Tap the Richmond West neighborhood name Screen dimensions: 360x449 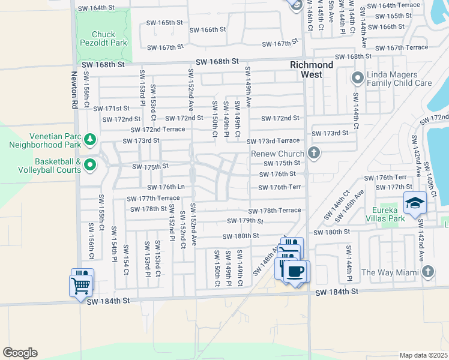312,70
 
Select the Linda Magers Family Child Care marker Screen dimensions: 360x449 358,77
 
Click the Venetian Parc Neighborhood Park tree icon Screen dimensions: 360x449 90,140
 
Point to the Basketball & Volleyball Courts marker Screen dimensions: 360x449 90,164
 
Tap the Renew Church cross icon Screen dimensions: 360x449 313,154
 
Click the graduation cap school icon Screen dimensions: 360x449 415,205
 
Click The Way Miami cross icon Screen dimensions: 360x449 427,272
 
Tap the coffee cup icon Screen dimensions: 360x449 294,272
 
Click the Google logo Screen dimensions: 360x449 20,353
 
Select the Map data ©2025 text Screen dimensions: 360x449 423,355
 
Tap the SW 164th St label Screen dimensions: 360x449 96,8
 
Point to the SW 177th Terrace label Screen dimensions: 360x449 153,199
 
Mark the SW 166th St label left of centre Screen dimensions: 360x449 207,29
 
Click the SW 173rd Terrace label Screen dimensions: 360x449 273,140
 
